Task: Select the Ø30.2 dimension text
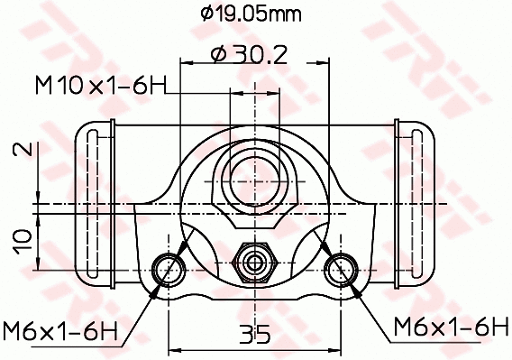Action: tap(248, 55)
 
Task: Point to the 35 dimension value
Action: tap(255, 335)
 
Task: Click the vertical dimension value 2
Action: tap(23, 150)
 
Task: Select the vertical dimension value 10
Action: tap(23, 238)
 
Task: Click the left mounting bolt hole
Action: tap(169, 267)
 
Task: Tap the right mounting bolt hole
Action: tap(342, 267)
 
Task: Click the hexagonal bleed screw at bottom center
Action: tap(255, 263)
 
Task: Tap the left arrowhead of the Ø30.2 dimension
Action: tap(187, 63)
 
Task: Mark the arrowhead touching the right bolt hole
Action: tap(353, 286)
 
